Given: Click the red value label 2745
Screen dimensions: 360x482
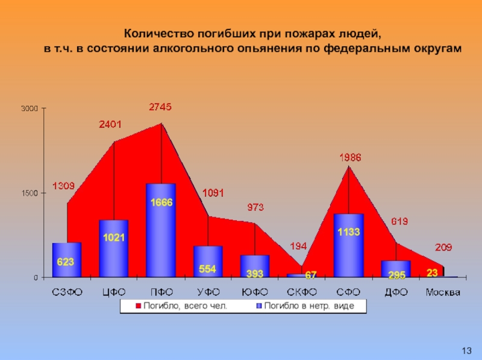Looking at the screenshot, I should point(160,107).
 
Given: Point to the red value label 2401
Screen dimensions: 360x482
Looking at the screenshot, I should point(110,125).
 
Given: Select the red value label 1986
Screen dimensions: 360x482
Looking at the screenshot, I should point(350,158).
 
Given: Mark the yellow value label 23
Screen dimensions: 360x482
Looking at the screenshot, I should point(432,273).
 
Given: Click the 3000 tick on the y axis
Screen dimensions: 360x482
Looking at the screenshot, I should point(30,109).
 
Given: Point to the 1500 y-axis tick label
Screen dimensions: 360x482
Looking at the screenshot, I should point(30,193).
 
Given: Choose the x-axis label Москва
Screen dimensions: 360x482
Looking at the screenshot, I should point(443,293).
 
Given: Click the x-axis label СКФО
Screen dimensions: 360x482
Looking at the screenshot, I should point(302,293).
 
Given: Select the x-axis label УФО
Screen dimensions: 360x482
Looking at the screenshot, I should point(208,293).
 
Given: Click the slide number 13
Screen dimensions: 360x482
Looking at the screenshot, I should point(466,350).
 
